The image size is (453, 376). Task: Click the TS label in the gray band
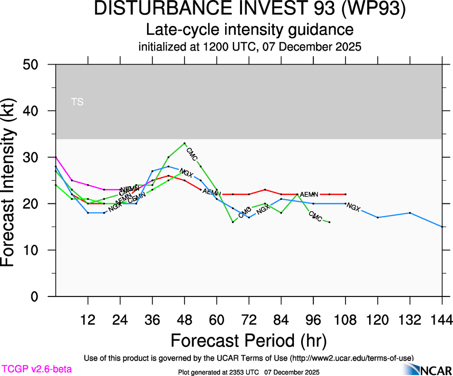(77, 102)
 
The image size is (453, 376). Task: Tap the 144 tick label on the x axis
(442, 320)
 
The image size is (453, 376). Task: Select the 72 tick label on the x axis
(249, 320)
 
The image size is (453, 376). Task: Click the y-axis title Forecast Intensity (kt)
(13, 180)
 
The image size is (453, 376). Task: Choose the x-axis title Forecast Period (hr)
(249, 341)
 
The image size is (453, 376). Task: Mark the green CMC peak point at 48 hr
(185, 143)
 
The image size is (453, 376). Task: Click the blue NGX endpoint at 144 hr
(442, 227)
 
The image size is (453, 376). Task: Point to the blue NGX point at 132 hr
(410, 213)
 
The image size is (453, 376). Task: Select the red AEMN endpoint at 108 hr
(346, 194)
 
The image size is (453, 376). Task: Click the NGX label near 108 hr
(353, 208)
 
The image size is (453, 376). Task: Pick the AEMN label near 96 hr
(309, 194)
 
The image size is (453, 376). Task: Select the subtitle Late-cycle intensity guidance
(250, 30)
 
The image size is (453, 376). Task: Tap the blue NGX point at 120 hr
(378, 217)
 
